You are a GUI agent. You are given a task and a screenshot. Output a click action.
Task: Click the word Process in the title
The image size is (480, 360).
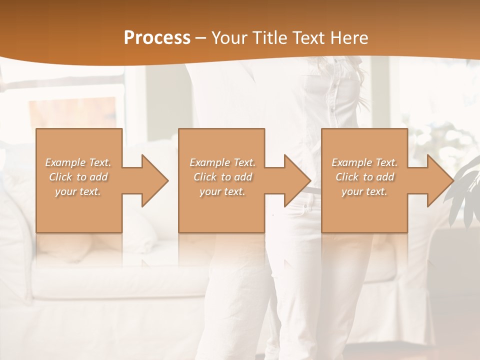157,38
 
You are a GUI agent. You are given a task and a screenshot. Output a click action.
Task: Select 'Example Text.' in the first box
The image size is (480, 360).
78,162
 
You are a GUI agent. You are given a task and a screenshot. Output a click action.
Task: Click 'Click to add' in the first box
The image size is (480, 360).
78,177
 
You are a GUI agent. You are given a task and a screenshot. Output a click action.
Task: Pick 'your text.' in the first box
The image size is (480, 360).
78,191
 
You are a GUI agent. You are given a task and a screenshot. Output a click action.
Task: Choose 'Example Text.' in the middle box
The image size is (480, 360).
222,162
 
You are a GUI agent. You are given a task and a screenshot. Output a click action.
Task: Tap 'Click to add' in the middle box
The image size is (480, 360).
222,177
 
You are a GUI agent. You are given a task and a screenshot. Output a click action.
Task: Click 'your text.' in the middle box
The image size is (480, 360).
222,191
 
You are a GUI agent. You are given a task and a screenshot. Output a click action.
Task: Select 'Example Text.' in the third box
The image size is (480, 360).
364,162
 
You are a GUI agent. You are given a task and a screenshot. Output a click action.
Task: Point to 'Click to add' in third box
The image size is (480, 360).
364,177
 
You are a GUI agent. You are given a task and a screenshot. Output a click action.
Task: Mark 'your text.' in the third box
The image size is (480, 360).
364,191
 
